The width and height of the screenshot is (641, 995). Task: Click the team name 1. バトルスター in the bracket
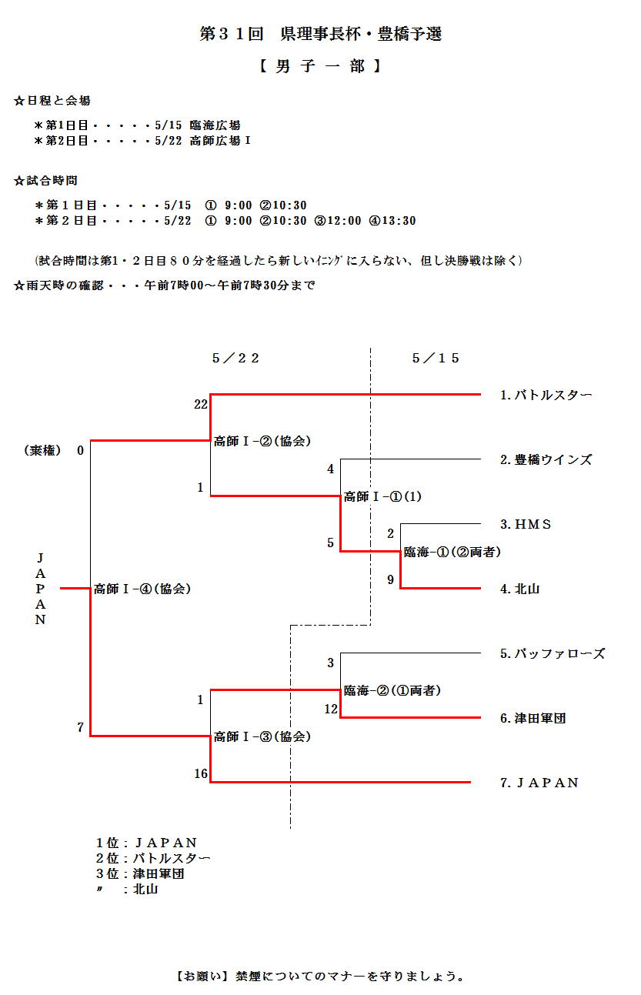click(546, 395)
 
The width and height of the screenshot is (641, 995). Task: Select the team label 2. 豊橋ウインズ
click(546, 459)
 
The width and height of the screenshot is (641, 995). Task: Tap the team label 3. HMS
click(526, 524)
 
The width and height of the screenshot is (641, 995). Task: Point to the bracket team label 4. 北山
click(519, 589)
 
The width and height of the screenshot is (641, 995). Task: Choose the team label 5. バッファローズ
click(552, 653)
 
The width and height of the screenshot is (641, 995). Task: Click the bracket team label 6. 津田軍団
click(532, 718)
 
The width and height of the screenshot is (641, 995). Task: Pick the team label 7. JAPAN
click(539, 783)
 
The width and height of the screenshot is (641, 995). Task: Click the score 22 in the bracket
click(201, 404)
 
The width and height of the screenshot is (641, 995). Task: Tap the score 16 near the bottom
click(201, 773)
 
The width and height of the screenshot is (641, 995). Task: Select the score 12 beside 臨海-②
click(331, 709)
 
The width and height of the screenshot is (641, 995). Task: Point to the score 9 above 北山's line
click(390, 579)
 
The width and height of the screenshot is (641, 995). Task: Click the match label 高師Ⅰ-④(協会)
click(142, 589)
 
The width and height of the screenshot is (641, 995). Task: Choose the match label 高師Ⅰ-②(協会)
click(262, 441)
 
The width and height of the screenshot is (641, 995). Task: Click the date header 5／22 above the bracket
click(235, 358)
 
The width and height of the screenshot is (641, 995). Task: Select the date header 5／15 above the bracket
click(436, 358)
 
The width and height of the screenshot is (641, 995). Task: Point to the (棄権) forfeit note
click(42, 450)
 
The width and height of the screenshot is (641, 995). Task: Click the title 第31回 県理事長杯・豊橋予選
click(320, 35)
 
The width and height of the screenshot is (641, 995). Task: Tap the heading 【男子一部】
click(320, 67)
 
